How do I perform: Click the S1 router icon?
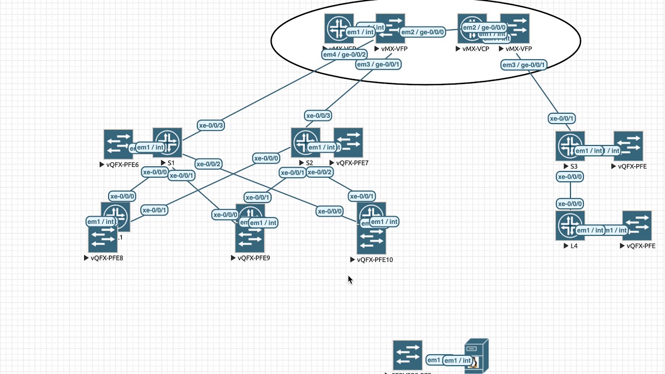(167, 142)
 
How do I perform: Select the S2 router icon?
(305, 142)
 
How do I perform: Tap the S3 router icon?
(570, 145)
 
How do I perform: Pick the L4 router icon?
(570, 225)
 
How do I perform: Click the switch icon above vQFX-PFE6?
(118, 144)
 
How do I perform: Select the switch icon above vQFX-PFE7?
(349, 142)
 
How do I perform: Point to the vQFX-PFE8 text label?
(107, 258)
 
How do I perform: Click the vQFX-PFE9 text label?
(254, 258)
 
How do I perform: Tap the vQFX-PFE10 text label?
(375, 260)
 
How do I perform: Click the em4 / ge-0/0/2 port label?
(344, 55)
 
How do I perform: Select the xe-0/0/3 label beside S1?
(211, 125)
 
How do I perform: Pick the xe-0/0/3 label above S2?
(318, 115)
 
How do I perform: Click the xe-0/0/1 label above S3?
(562, 118)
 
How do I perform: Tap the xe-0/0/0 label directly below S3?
(570, 177)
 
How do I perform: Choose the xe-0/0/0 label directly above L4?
(570, 204)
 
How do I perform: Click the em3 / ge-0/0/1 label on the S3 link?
(524, 65)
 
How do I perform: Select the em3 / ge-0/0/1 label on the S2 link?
(378, 64)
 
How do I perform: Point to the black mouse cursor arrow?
(350, 279)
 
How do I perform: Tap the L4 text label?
(574, 246)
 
